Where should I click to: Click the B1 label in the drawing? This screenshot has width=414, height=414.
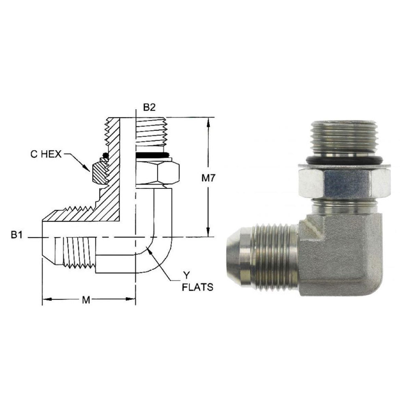16,235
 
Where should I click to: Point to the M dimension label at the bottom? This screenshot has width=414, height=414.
85,300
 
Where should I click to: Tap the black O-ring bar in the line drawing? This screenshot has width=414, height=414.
153,156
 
